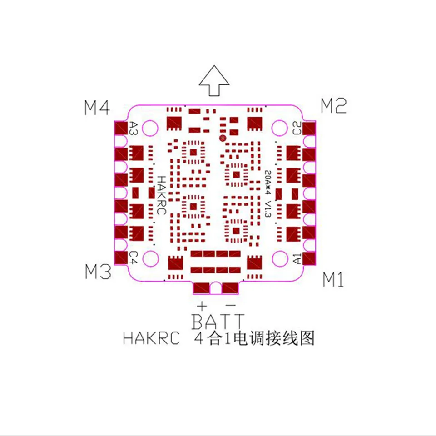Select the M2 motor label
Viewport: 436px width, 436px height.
click(x=334, y=106)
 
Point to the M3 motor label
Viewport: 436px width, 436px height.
click(x=98, y=272)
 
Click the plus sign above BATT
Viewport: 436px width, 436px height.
click(x=201, y=304)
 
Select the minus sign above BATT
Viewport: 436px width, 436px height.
click(x=231, y=304)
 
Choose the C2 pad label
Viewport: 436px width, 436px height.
click(x=296, y=128)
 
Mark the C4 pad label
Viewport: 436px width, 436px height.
click(x=133, y=258)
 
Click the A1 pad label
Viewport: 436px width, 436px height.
click(x=296, y=259)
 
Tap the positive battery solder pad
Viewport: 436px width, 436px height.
click(x=201, y=287)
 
